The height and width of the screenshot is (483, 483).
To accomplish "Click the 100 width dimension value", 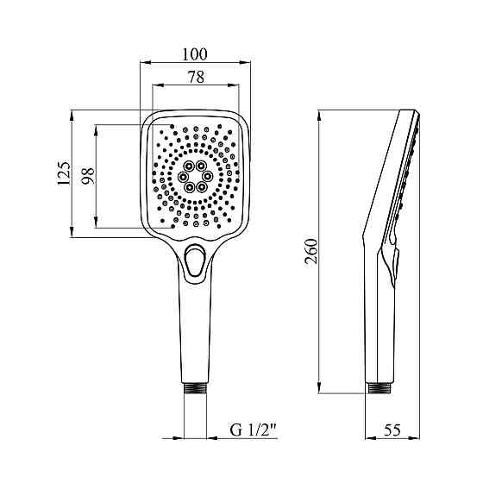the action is point(195,54).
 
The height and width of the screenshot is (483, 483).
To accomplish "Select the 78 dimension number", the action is point(197,77).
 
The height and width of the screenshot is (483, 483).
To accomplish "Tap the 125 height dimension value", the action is point(64,173).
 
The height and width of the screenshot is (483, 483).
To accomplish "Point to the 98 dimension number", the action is point(88,176).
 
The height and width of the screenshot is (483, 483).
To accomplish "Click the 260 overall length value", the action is point(311,251).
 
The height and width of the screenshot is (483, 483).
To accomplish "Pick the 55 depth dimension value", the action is point(392,430).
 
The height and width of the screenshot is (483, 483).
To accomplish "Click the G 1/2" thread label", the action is point(254,430).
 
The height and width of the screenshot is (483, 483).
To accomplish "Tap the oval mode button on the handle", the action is point(194,260).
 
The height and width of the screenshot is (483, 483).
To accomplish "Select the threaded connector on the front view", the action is point(195,388).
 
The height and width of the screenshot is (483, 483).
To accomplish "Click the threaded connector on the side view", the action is point(379,388).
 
